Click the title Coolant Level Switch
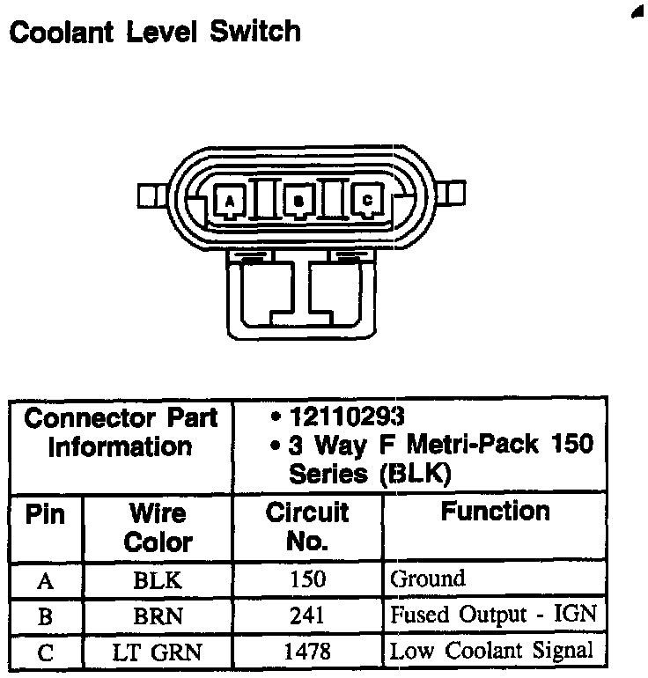(x=154, y=32)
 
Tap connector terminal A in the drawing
(x=229, y=201)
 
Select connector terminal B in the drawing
(x=298, y=201)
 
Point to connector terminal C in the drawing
(x=367, y=200)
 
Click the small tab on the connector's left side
(x=150, y=194)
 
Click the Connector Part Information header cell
(x=121, y=431)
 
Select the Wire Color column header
(x=158, y=527)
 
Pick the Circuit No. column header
(x=307, y=527)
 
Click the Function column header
(x=495, y=512)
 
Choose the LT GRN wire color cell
(x=158, y=652)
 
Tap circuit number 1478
(x=307, y=652)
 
